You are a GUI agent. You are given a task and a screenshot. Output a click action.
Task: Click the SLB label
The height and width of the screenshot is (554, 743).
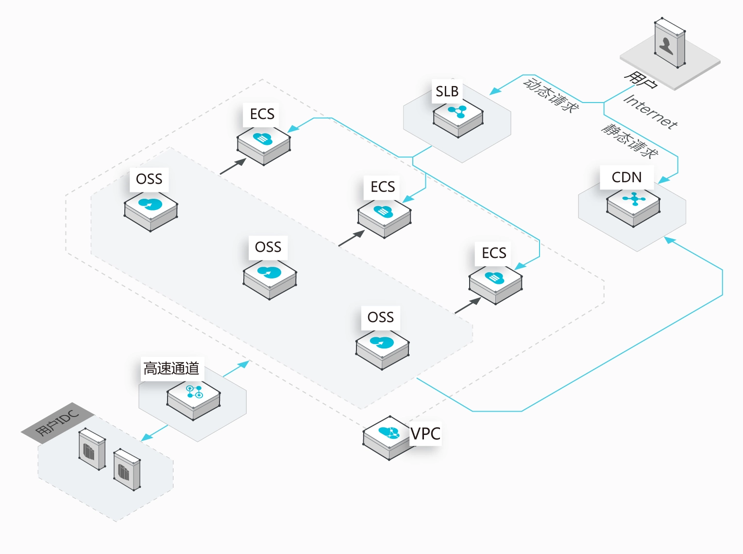[x=447, y=91]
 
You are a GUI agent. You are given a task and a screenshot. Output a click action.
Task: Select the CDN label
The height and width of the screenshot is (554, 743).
[x=626, y=177]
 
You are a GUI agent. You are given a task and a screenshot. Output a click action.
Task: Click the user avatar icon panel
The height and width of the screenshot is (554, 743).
[x=670, y=43]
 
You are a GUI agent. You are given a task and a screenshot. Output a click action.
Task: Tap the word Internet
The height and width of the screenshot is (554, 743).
[x=650, y=112]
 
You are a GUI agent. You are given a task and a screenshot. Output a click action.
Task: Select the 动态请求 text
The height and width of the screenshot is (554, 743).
[x=551, y=95]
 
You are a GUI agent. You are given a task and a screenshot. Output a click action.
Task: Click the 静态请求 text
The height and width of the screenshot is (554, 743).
[x=630, y=141]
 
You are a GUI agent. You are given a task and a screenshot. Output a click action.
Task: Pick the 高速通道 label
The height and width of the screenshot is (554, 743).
[x=171, y=369]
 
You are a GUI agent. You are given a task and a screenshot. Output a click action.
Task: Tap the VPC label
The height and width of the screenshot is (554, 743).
[x=425, y=433]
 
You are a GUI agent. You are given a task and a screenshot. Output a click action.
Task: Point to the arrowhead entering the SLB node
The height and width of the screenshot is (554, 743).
[x=494, y=91]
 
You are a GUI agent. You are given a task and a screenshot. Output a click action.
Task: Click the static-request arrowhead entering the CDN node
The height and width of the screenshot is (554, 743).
[x=663, y=180]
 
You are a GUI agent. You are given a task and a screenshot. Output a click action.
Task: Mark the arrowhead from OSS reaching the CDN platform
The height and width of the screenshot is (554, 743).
[x=670, y=239]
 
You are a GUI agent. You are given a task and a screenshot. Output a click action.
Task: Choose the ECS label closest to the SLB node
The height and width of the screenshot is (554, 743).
[x=383, y=187]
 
